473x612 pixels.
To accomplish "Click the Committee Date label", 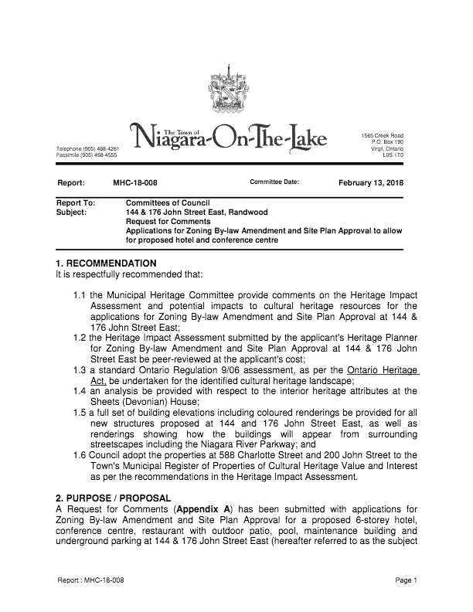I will tap(274, 182).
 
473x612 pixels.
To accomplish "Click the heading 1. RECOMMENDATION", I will tap(107, 263).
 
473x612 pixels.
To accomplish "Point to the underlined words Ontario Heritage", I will tap(383, 370).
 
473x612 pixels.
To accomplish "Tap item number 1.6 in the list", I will tap(81, 455).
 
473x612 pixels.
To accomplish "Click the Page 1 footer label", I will tap(406, 580).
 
